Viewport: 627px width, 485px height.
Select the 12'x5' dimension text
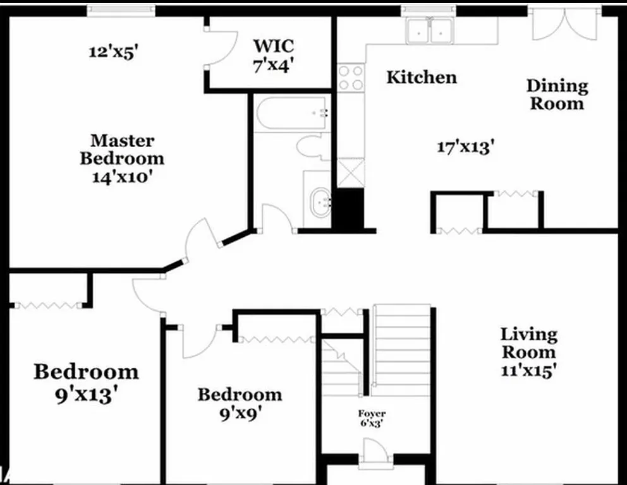113,51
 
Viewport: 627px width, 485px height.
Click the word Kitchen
421,78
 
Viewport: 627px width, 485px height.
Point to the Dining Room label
557,94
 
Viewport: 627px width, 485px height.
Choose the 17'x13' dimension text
465,147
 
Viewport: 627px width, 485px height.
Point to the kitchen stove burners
350,77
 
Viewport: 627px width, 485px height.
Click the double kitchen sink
430,30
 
